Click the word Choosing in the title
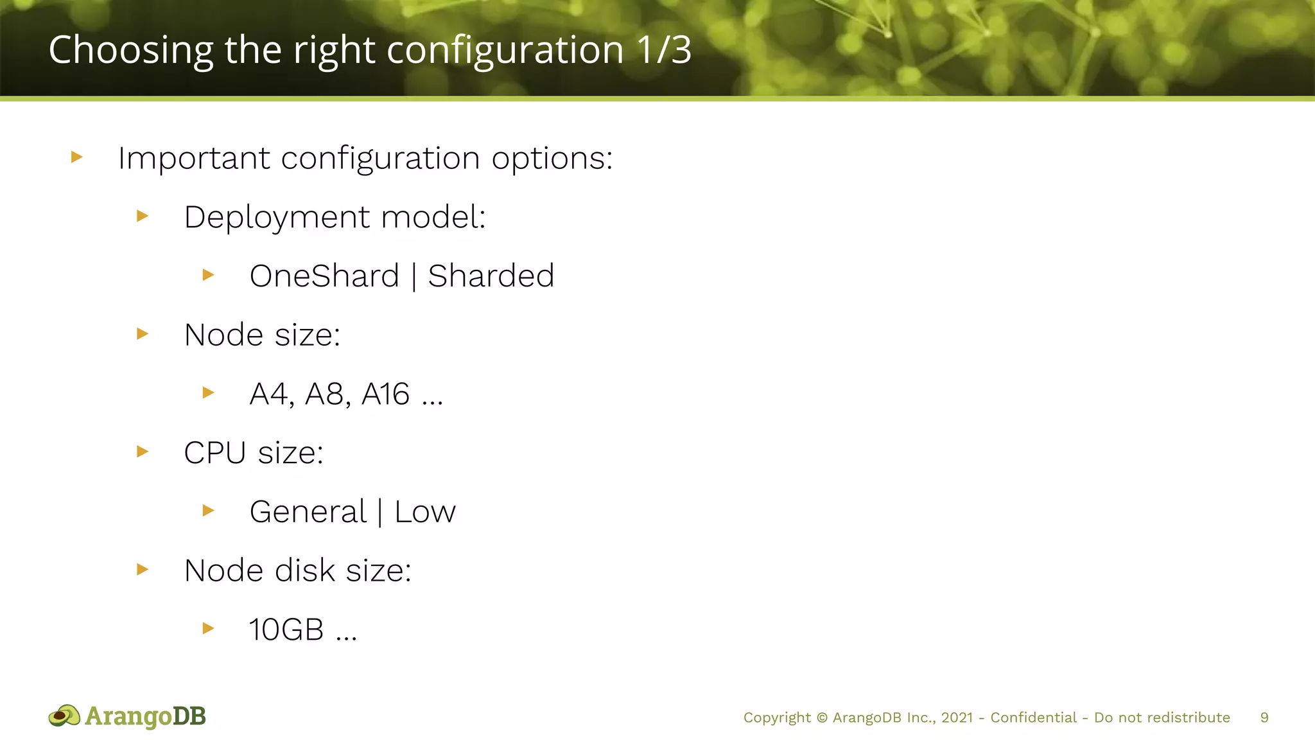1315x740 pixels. point(130,50)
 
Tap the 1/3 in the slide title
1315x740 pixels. point(664,50)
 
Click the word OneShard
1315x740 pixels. point(324,276)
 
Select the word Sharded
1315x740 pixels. point(491,276)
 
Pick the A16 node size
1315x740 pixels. point(385,394)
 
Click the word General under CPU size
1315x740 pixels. point(308,512)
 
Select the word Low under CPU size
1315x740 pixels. point(424,512)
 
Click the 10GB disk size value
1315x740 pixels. point(286,630)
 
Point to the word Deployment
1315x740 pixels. point(276,217)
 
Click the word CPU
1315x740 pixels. point(214,453)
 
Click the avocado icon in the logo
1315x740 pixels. point(64,716)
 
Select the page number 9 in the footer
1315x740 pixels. point(1264,718)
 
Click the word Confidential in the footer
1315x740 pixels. point(1033,718)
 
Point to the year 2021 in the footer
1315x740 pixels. point(957,718)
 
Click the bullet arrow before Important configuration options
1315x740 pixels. point(77,157)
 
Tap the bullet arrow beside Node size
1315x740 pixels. point(143,333)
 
